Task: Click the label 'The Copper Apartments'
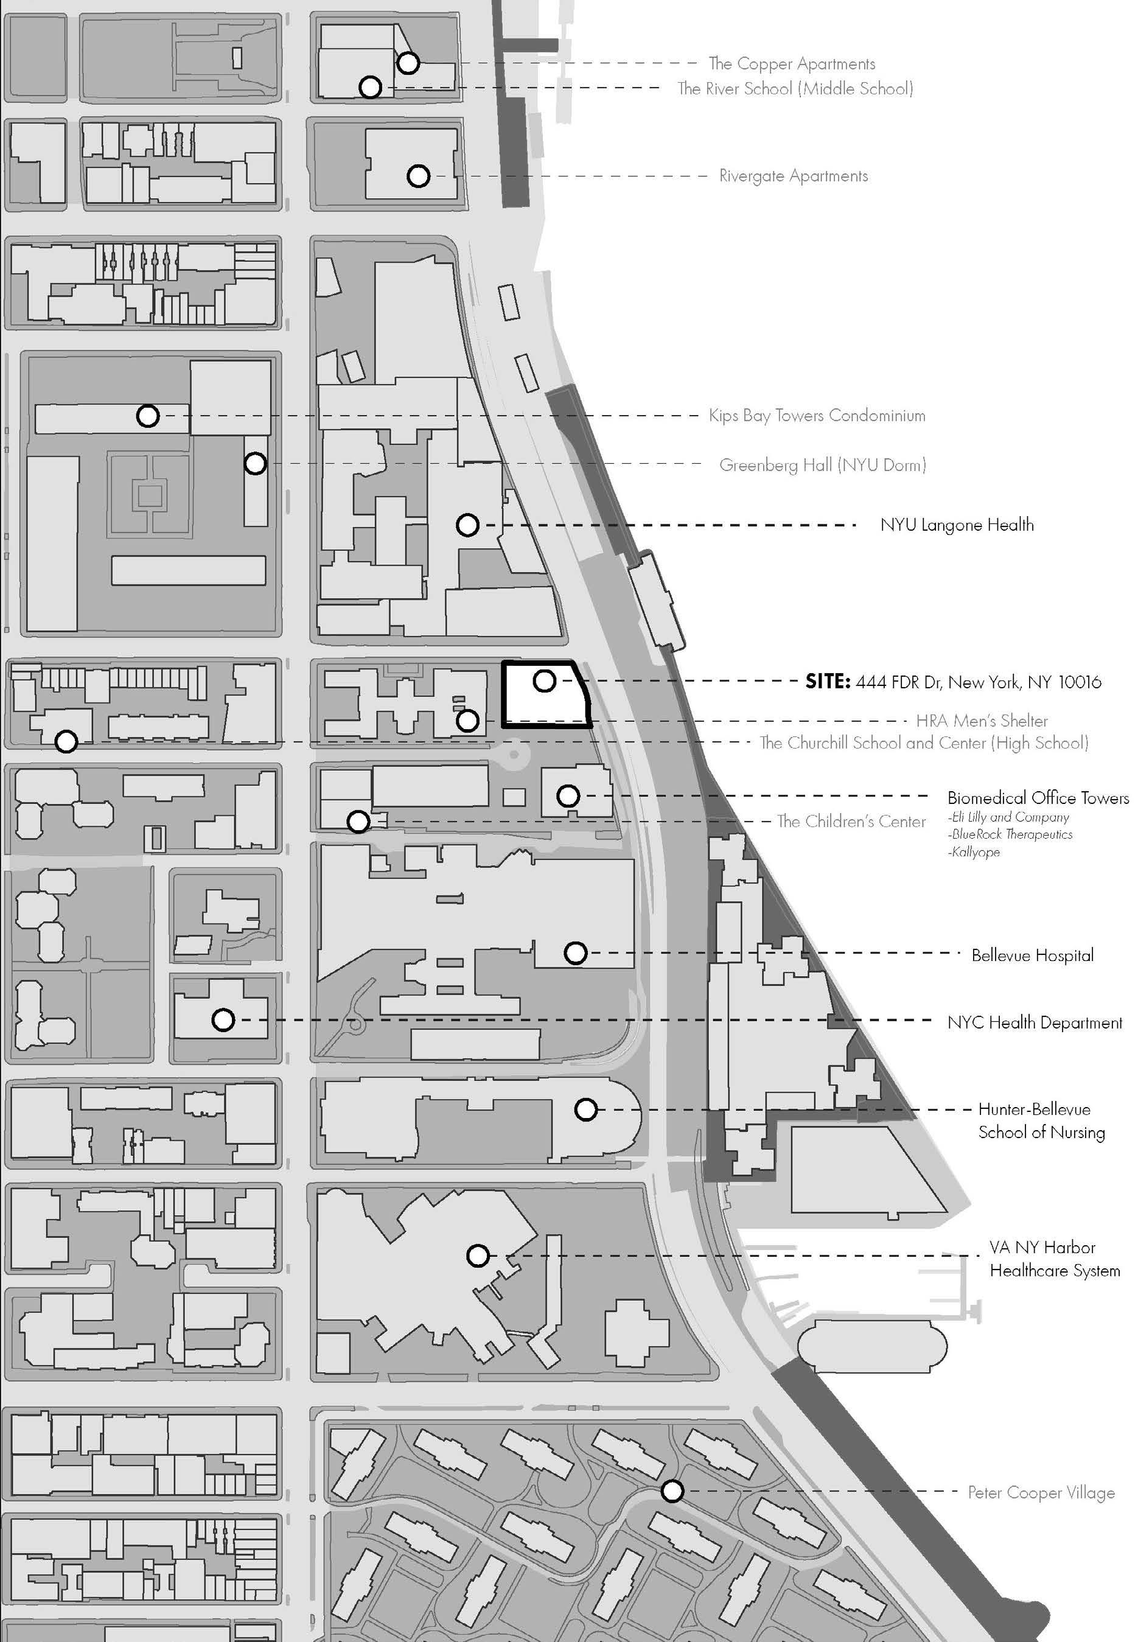(792, 63)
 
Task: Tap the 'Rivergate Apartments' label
(793, 175)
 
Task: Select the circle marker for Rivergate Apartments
(418, 175)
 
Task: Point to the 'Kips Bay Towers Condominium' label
(817, 415)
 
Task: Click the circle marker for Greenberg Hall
(255, 463)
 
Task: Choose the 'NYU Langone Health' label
(956, 525)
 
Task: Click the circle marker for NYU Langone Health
(467, 525)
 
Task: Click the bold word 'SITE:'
(827, 682)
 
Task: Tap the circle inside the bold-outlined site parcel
(544, 681)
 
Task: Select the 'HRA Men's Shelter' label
(981, 720)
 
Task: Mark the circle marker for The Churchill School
(66, 741)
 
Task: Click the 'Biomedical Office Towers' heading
(1038, 797)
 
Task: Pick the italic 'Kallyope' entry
(975, 852)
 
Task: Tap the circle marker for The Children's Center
(358, 822)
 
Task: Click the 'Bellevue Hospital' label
(1032, 955)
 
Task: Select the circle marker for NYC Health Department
(223, 1020)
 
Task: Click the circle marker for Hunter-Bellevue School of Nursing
(586, 1109)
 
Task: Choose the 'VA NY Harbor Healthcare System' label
(1054, 1259)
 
